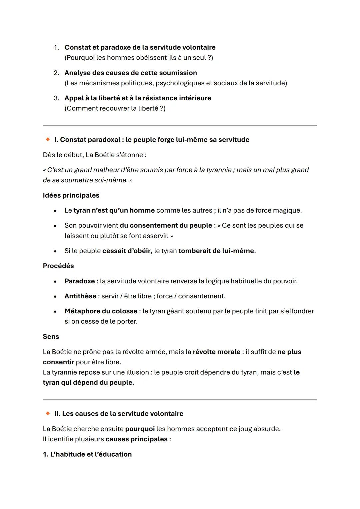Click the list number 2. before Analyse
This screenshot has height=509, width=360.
tap(57, 73)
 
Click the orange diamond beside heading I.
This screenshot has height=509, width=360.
tap(48, 139)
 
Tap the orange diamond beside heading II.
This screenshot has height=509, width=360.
tap(48, 413)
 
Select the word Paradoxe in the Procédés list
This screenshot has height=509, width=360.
tap(80, 281)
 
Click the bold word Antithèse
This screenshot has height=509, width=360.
tap(80, 296)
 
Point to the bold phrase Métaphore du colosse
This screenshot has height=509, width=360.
tap(101, 311)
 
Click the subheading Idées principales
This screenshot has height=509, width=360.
tap(71, 195)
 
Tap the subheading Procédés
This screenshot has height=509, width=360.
tap(58, 266)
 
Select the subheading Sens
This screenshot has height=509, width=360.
tap(51, 336)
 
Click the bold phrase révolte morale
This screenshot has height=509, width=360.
tap(216, 352)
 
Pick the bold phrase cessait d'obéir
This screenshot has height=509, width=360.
tap(126, 251)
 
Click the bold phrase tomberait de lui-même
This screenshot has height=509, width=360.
tap(216, 251)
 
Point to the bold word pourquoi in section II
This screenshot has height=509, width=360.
tap(140, 429)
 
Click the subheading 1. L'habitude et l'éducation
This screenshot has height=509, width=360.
tap(87, 454)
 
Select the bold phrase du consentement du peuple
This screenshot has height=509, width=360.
tap(166, 225)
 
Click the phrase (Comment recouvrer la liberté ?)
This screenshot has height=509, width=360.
tap(115, 108)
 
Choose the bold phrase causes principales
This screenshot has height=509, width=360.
tap(136, 439)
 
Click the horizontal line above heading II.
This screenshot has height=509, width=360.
tap(180, 400)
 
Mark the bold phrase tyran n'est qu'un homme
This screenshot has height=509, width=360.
tap(114, 210)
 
